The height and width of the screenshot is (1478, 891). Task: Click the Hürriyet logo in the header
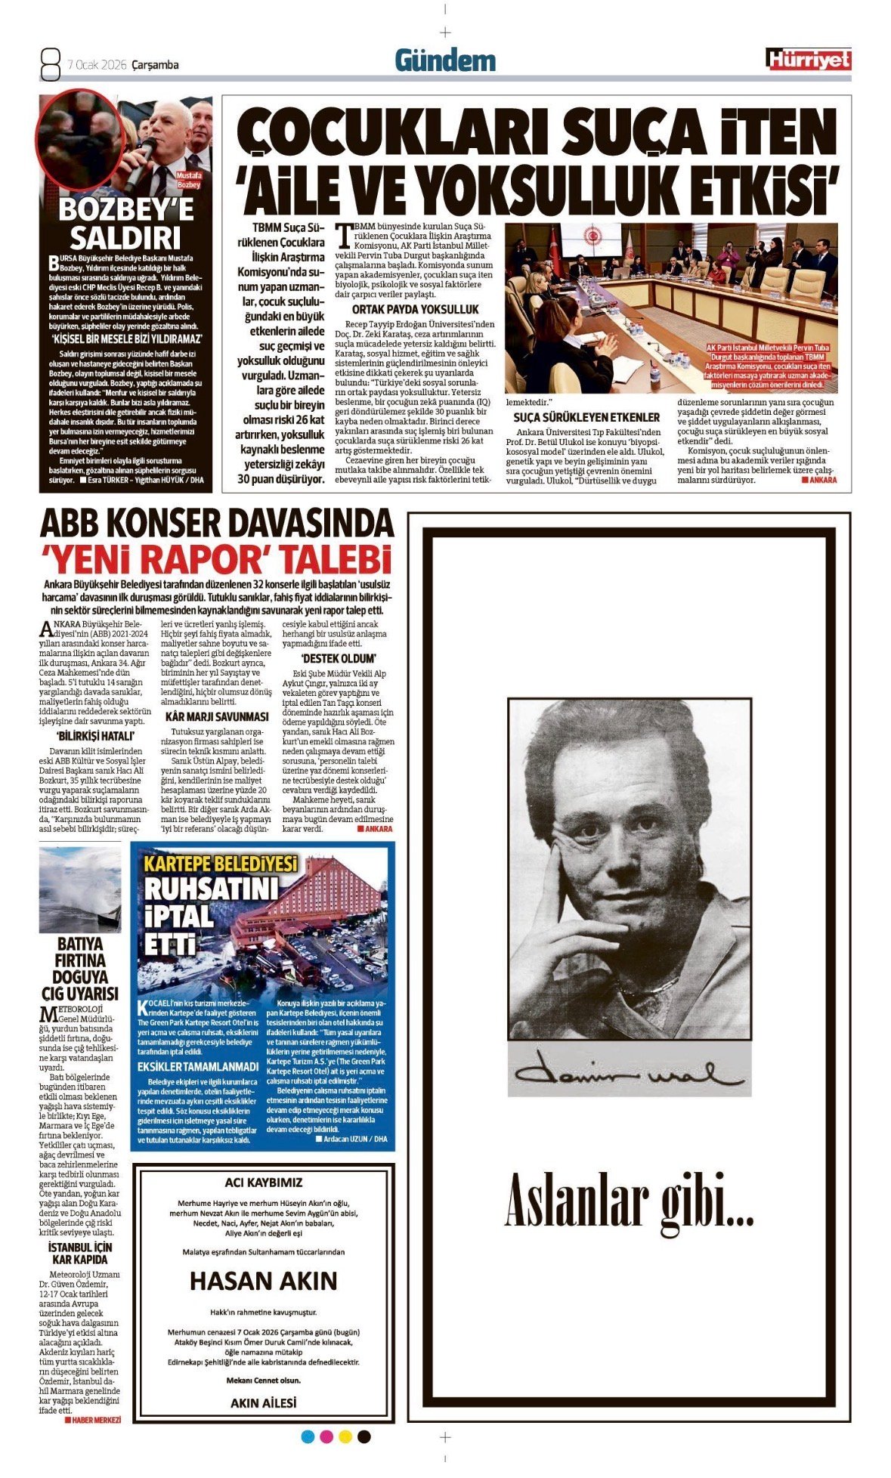(x=808, y=60)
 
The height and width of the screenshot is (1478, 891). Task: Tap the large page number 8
(x=50, y=64)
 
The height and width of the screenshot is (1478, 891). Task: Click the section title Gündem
(x=445, y=61)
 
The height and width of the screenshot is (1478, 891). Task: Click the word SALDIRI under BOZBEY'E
(x=125, y=237)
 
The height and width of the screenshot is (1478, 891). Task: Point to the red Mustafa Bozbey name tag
(x=188, y=180)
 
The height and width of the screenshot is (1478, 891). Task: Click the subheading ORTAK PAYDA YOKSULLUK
(x=415, y=309)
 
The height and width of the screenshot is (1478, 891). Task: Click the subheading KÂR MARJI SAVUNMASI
(x=216, y=716)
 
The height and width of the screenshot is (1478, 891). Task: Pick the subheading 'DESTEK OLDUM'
(x=338, y=658)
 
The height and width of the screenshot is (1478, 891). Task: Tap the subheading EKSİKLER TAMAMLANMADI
(x=198, y=1066)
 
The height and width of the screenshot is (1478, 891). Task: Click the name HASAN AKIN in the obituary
(x=263, y=1281)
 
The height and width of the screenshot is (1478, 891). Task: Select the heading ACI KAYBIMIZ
(x=263, y=1183)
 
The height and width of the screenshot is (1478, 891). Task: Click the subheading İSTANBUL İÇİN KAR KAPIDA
(x=79, y=1253)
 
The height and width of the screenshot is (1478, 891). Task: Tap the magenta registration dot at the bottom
(x=326, y=1436)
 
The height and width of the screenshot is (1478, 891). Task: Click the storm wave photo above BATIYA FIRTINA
(x=79, y=889)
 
